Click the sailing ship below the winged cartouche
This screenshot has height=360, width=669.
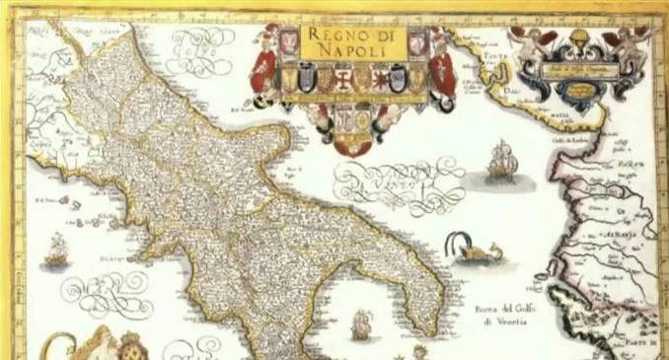(x=502, y=160)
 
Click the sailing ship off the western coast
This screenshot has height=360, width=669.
(x=56, y=250)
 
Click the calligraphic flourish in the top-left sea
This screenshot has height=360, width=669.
(x=201, y=43)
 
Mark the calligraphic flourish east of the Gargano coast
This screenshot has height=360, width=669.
(x=399, y=182)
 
